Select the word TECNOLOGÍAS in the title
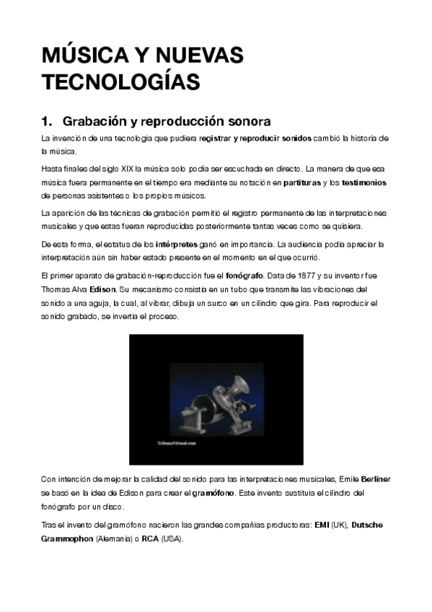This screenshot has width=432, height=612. point(120,82)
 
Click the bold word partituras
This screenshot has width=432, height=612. point(302,183)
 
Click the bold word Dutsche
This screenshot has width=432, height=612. point(371,525)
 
